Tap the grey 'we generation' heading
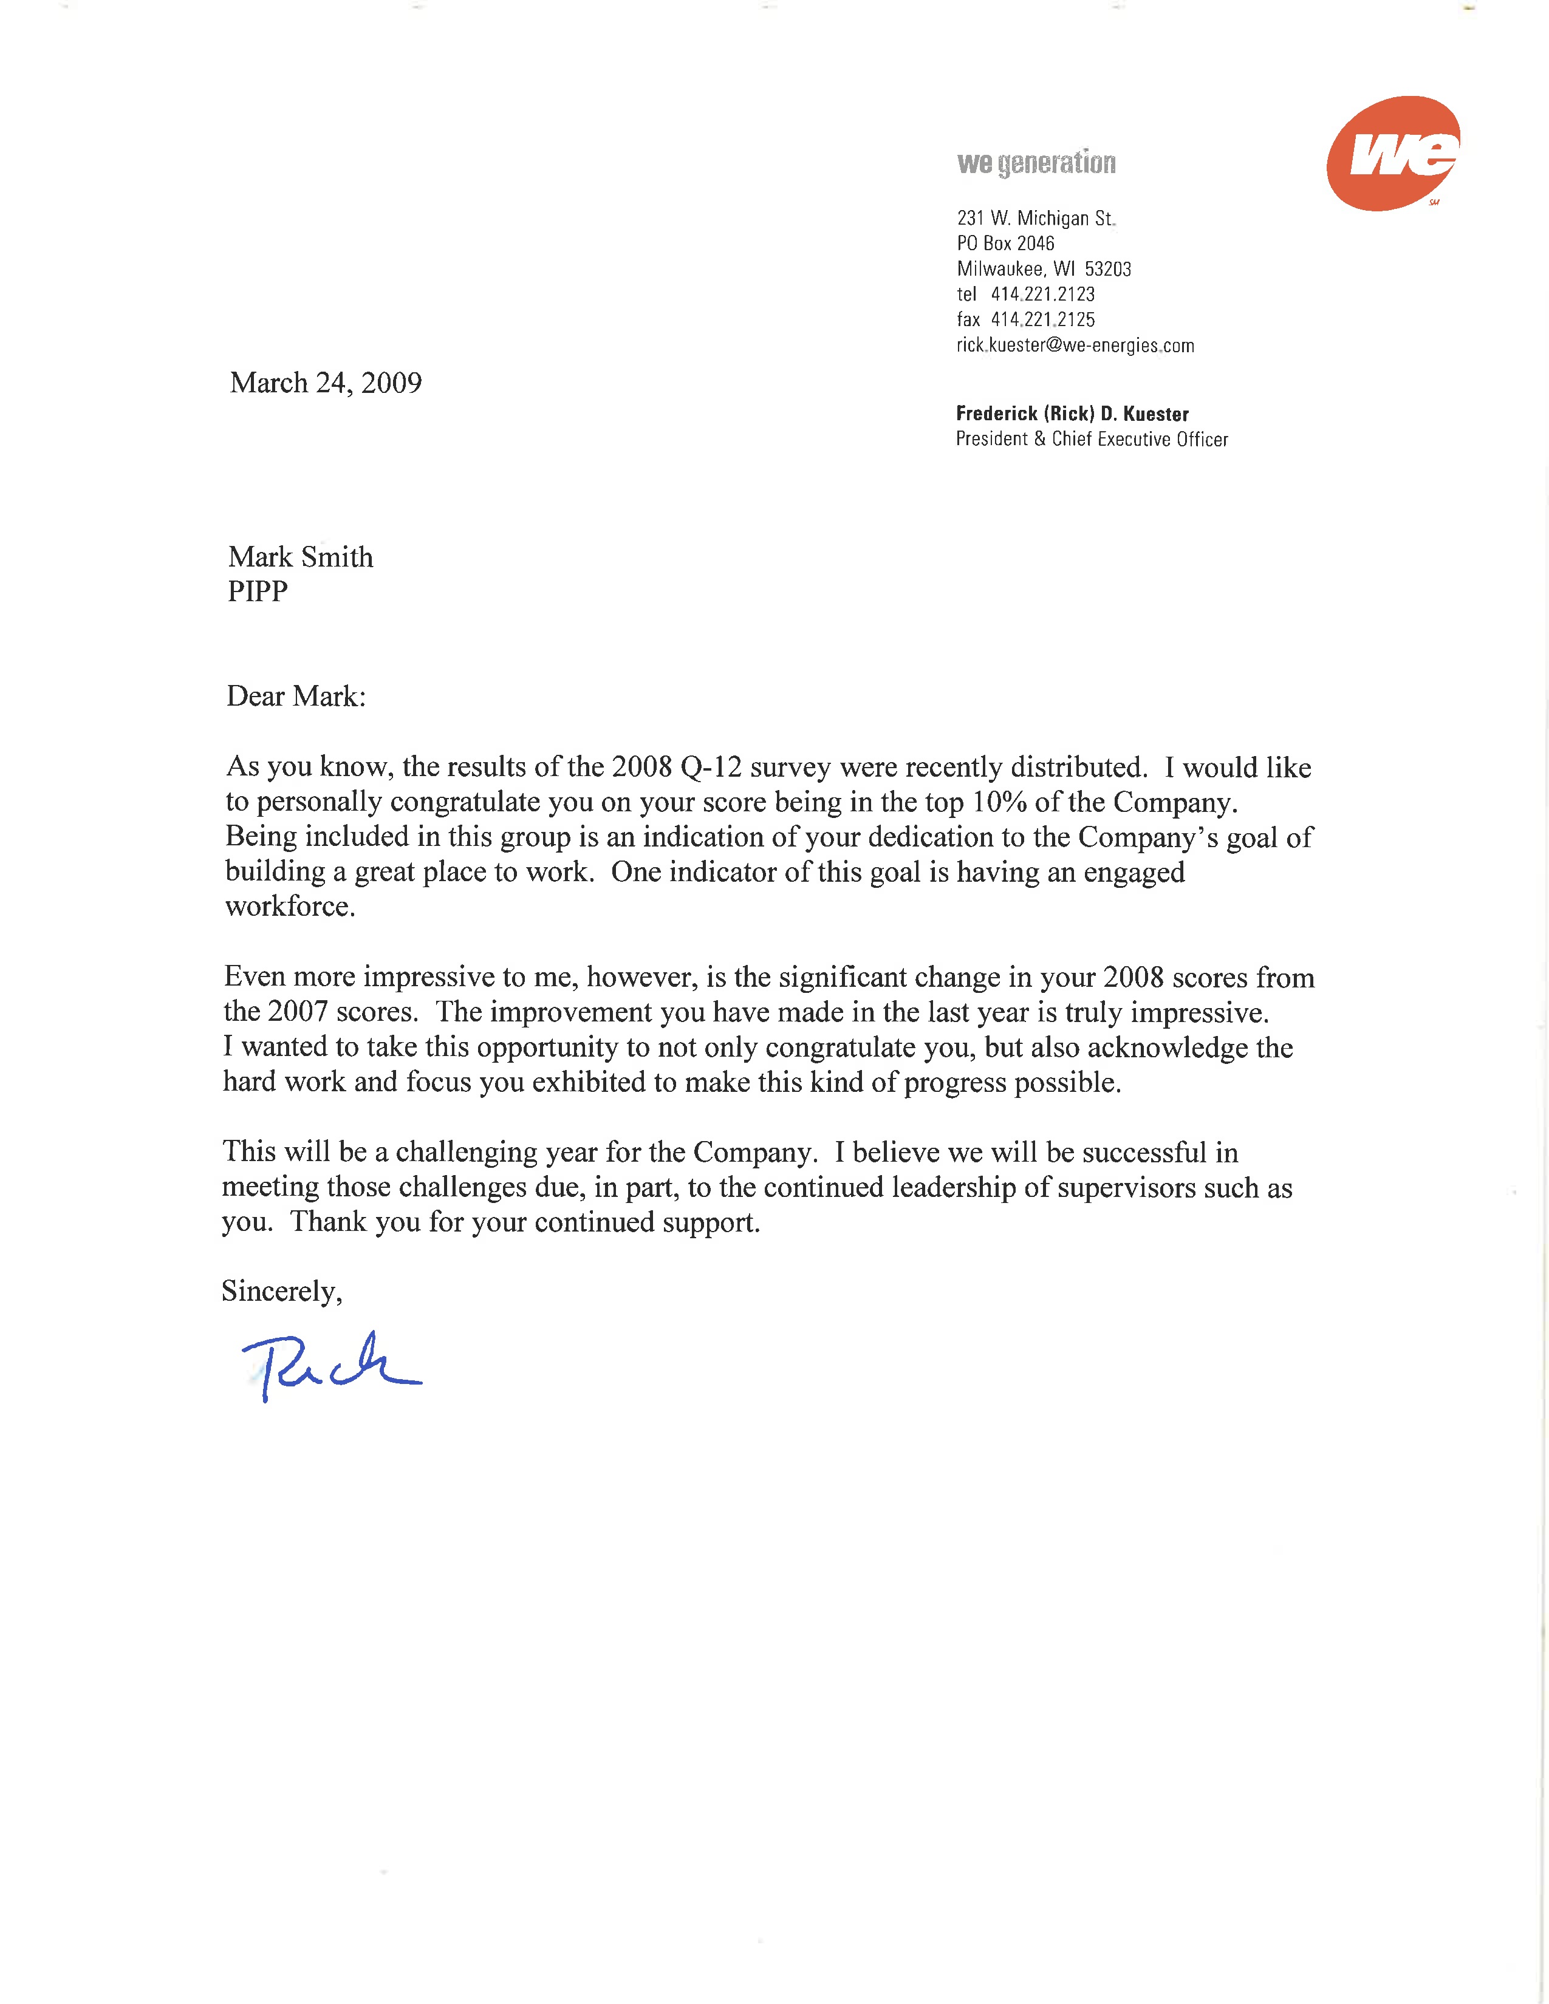[x=1036, y=163]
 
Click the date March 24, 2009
[x=326, y=383]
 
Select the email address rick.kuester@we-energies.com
[x=1075, y=345]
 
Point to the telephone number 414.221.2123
[x=1042, y=295]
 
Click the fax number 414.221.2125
[x=1042, y=319]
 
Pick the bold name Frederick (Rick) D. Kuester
[x=1072, y=414]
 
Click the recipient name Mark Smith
[x=301, y=557]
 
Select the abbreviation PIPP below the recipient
[x=258, y=592]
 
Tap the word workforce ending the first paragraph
[x=289, y=907]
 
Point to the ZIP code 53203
[x=1107, y=269]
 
